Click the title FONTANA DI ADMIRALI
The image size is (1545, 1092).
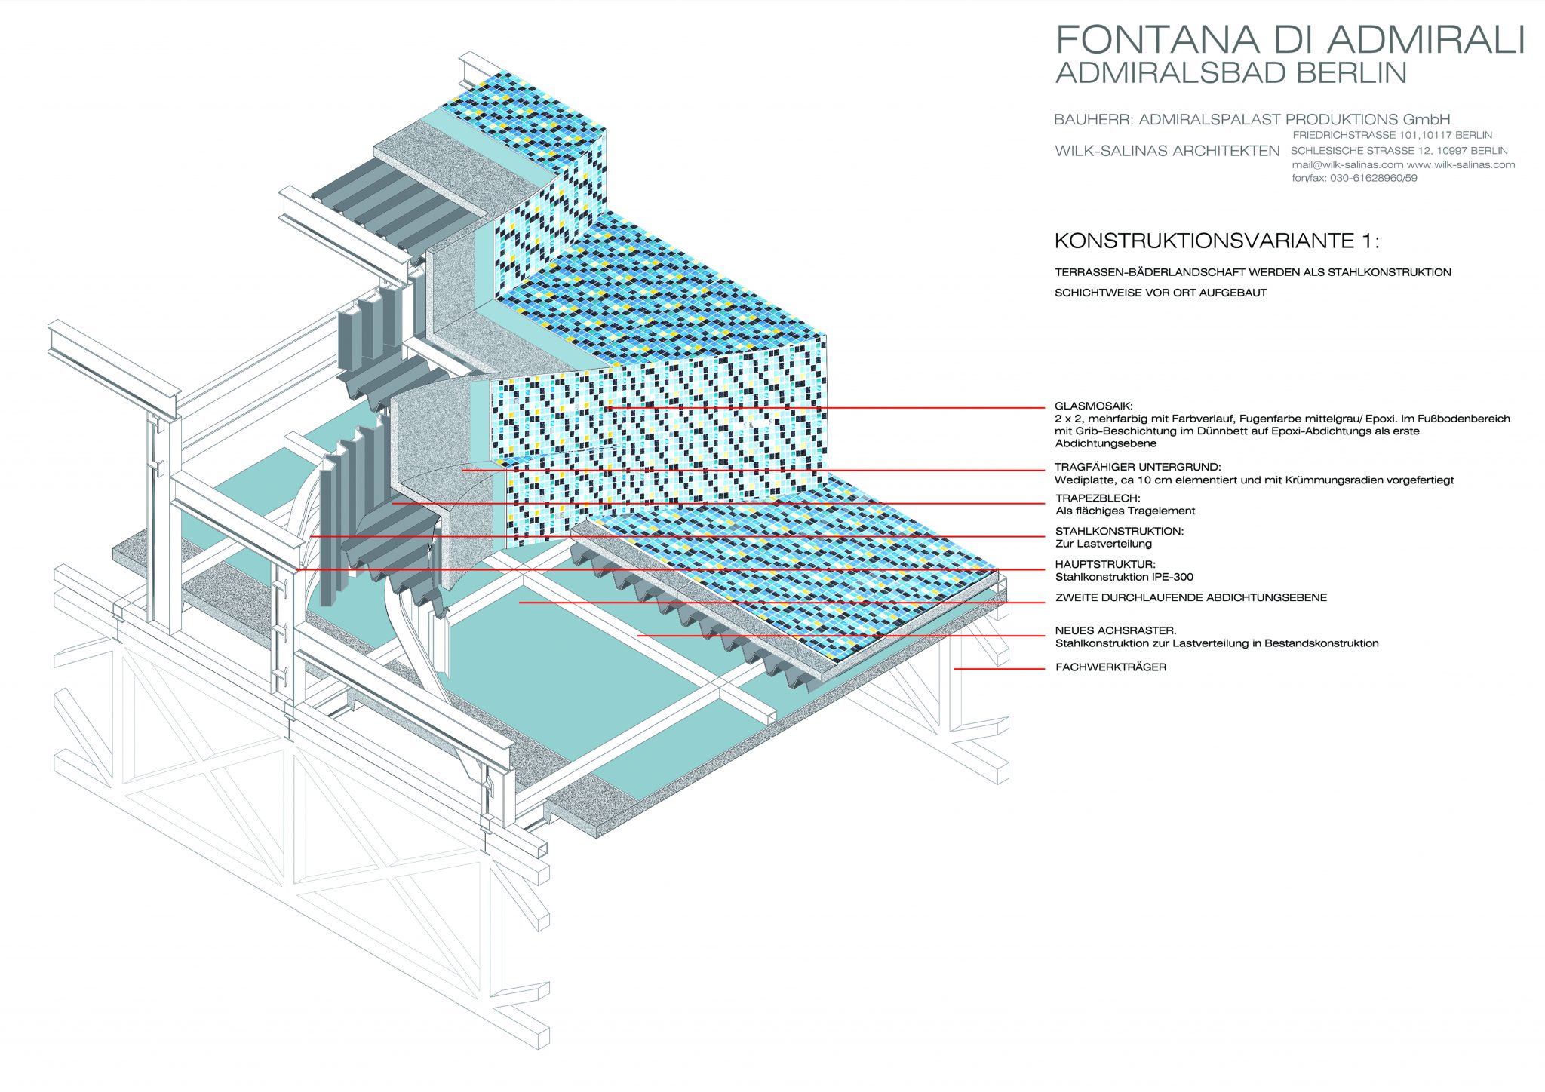(1289, 39)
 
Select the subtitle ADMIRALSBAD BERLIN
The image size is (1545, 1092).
(1230, 73)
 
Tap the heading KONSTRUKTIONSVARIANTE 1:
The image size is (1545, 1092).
(1216, 241)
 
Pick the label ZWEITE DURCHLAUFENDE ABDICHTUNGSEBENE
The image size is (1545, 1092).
(1190, 598)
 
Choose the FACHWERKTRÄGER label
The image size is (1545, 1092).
(1110, 667)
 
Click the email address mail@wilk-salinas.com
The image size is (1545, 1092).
(1347, 165)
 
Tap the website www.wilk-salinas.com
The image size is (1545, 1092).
(1461, 165)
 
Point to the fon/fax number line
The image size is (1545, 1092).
(1354, 179)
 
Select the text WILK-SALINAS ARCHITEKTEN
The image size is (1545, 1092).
(1166, 151)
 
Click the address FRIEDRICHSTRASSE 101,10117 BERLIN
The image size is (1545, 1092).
(1392, 135)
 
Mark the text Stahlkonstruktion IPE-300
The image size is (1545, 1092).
(1124, 578)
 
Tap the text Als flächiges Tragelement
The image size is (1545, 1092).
(1125, 511)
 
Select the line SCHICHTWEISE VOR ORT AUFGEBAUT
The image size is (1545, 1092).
(1160, 293)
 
